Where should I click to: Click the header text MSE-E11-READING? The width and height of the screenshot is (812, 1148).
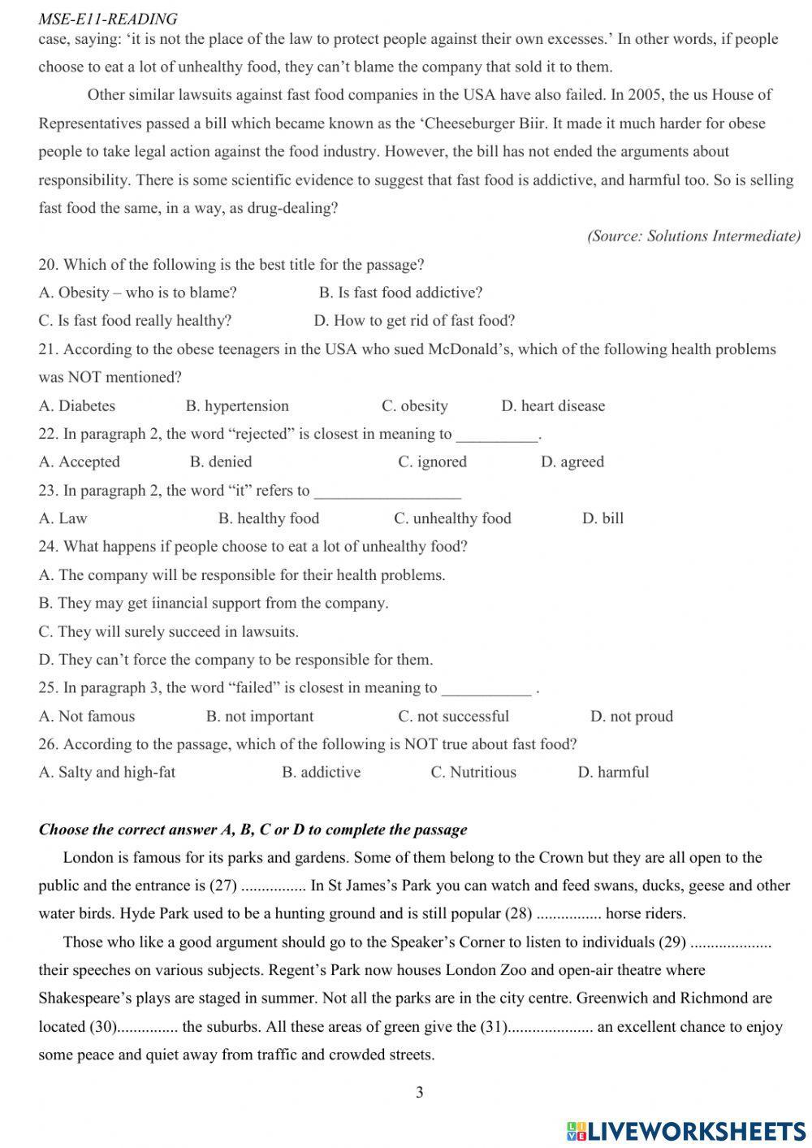click(x=107, y=18)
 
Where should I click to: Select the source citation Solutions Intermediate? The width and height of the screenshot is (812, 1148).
click(x=693, y=236)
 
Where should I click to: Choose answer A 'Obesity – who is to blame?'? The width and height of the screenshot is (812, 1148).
click(x=137, y=292)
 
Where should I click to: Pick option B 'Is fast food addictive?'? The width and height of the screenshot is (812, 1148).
click(x=400, y=292)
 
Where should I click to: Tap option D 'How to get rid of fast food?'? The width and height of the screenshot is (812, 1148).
click(x=414, y=321)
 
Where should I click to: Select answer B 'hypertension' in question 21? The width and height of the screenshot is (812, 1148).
click(x=237, y=405)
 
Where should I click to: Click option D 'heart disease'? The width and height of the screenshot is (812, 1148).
click(x=553, y=405)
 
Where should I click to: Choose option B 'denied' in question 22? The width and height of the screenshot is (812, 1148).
click(x=221, y=461)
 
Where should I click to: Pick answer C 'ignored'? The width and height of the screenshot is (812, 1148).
click(x=432, y=461)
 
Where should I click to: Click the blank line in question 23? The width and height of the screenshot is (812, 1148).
click(x=387, y=492)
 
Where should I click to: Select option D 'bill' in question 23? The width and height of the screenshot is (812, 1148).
click(x=603, y=518)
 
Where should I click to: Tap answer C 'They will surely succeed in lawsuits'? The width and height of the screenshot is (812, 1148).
click(x=168, y=631)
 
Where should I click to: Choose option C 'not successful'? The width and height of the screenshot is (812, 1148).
click(x=453, y=716)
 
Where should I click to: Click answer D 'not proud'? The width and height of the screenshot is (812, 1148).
click(x=632, y=716)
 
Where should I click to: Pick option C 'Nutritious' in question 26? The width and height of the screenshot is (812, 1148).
click(x=473, y=772)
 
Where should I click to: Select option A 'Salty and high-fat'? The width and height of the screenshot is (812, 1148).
click(x=106, y=772)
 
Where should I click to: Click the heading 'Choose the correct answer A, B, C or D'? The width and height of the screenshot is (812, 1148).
click(x=253, y=830)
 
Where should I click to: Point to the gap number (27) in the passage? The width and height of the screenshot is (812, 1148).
click(x=222, y=886)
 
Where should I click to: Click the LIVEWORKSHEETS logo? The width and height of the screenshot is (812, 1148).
click(x=685, y=1130)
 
